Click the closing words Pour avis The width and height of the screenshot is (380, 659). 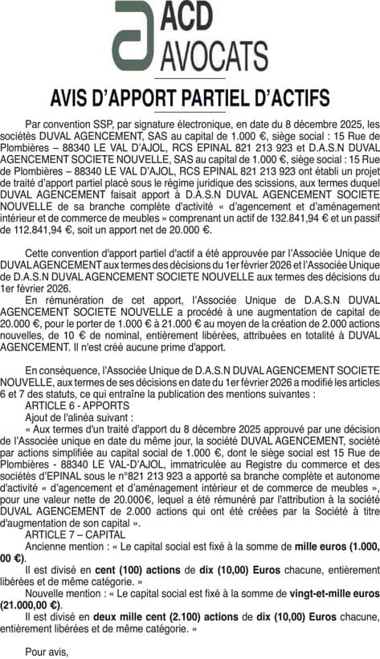(x=47, y=651)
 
